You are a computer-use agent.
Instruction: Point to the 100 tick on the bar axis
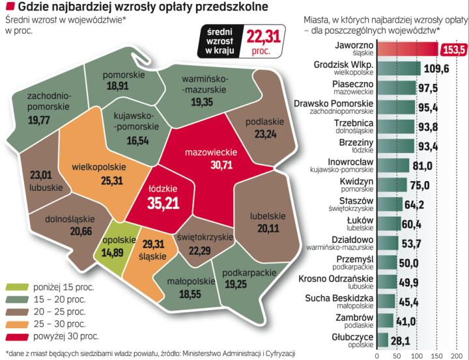pyautogui.click(x=416, y=355)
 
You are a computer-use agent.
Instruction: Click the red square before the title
pyautogui.click(x=9, y=7)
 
